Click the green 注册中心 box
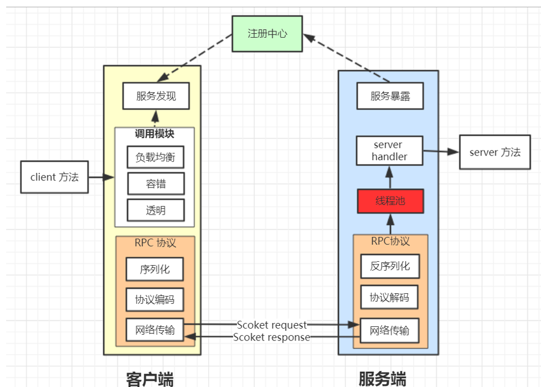point(267,34)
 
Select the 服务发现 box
point(156,96)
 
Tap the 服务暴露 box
point(390,96)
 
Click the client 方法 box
point(54,177)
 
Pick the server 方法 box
point(494,152)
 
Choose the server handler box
point(390,151)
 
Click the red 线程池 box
point(390,201)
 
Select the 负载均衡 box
point(155,157)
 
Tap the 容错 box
point(155,184)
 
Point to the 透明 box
point(155,211)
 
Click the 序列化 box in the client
point(155,269)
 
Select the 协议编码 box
point(155,299)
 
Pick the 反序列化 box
point(390,266)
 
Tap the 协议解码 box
point(390,297)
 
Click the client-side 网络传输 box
point(155,330)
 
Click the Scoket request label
point(272,325)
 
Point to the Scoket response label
point(272,337)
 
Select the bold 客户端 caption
point(150,378)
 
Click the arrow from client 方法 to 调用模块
point(102,177)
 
